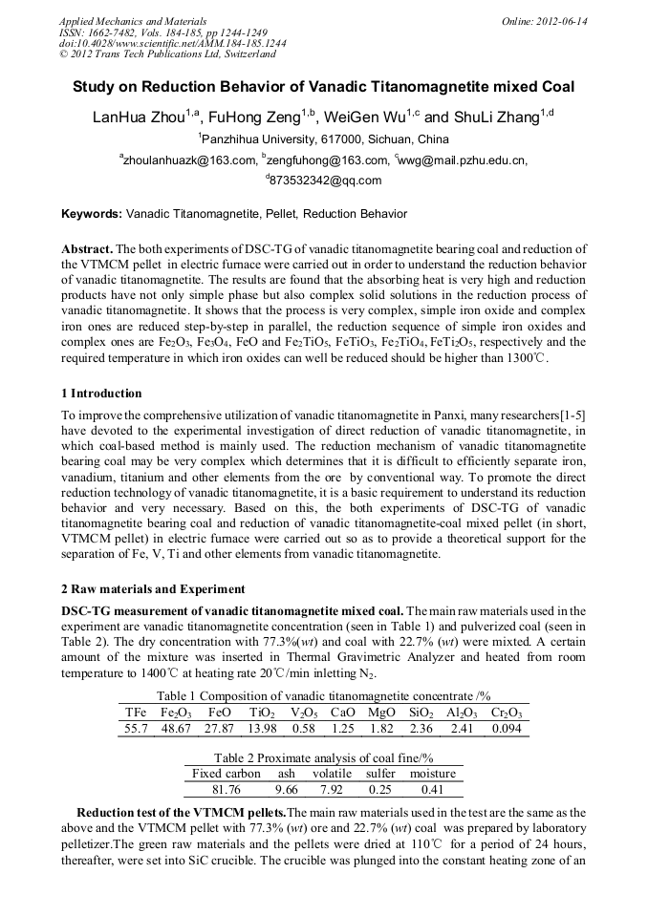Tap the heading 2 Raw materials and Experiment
(x=153, y=588)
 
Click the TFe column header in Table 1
(x=137, y=713)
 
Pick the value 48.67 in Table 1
(x=176, y=729)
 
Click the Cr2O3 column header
(x=508, y=713)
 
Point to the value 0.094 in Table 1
(x=508, y=729)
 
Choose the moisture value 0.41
(x=432, y=790)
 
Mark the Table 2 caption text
(x=324, y=756)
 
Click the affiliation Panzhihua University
(x=324, y=139)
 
